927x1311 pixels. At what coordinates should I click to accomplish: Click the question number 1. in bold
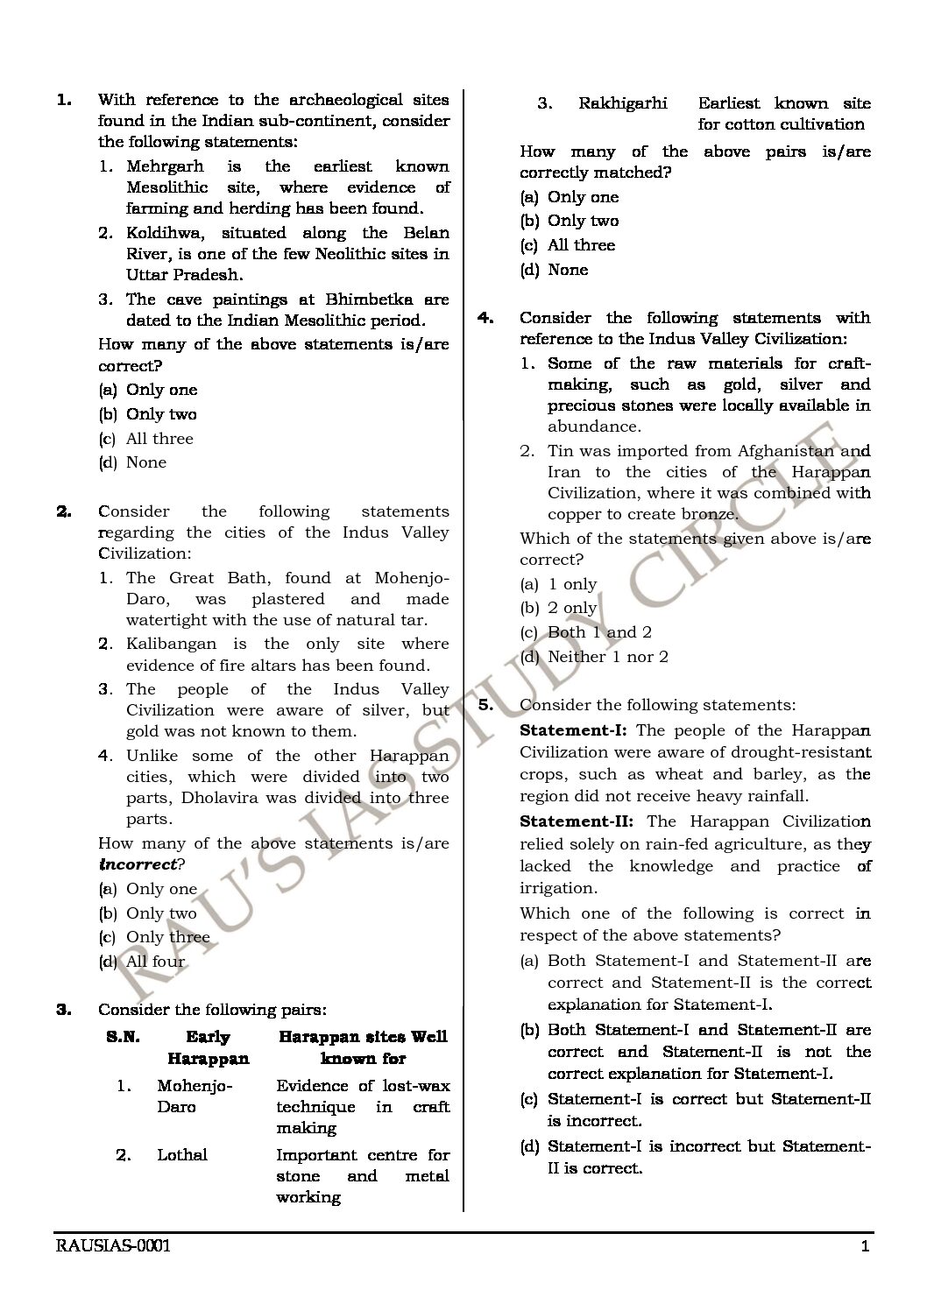point(64,100)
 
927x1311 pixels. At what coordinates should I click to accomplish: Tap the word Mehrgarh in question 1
point(165,166)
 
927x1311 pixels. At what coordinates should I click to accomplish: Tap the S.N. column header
point(123,1037)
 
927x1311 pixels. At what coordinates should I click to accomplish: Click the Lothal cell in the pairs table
point(182,1155)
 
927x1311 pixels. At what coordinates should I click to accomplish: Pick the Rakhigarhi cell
point(623,103)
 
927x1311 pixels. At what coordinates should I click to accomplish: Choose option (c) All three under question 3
point(568,245)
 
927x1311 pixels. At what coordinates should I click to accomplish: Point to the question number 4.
point(485,318)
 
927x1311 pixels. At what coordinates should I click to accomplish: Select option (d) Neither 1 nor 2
point(594,657)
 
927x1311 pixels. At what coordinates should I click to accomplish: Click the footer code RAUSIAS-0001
point(113,1246)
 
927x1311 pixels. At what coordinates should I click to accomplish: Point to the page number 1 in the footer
point(865,1247)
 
